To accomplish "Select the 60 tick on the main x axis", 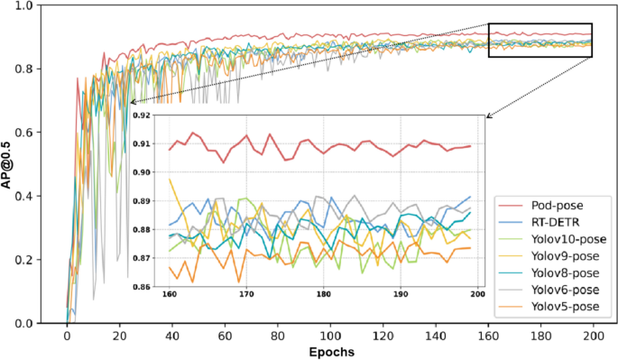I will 226,336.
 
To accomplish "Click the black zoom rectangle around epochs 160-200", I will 540,24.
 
